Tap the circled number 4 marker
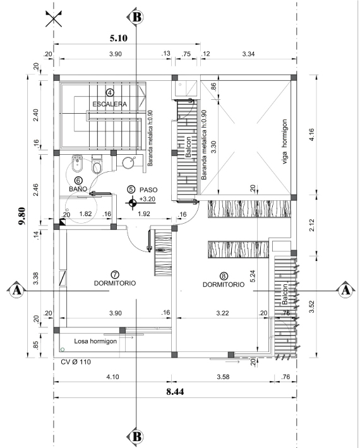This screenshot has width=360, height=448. point(110,92)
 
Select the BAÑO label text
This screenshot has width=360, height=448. point(78,189)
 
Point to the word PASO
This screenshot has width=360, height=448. point(148,190)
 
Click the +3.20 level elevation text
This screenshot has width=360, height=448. point(147,199)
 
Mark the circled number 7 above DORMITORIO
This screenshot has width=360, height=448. point(115,275)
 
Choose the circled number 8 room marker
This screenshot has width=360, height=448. point(224,275)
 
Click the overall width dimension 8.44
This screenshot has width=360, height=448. point(175,391)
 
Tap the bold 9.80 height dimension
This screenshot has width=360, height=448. point(21,216)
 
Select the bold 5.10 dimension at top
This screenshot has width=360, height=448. point(119,38)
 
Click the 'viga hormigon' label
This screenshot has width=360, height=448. point(284,142)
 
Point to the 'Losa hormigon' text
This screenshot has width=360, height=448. point(95,341)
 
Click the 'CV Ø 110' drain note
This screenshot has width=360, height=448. point(76,362)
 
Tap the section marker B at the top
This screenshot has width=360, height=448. point(136,17)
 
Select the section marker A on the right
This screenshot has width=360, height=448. point(345,290)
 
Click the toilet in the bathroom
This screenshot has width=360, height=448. point(97,164)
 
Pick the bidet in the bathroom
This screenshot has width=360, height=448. point(77,164)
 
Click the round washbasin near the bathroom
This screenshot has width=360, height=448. point(129,162)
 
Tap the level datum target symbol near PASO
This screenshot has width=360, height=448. point(132,203)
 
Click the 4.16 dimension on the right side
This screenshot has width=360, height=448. point(311,135)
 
